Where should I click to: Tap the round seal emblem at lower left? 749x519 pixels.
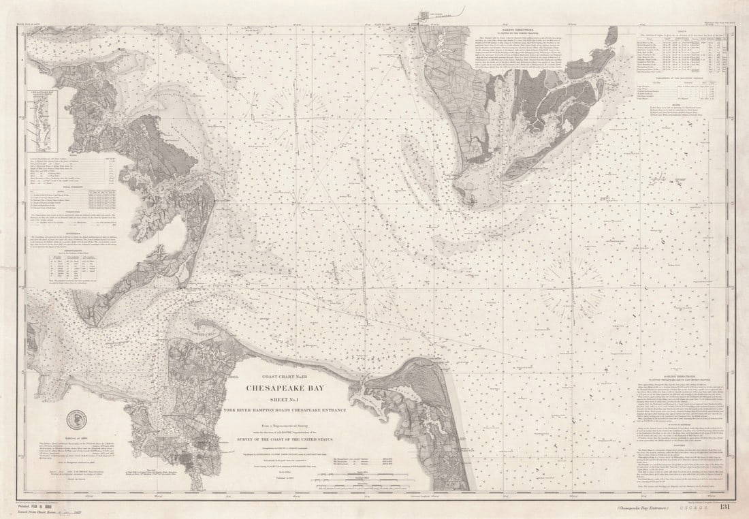[76, 420]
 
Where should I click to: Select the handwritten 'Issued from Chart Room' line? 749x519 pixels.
[51, 514]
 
